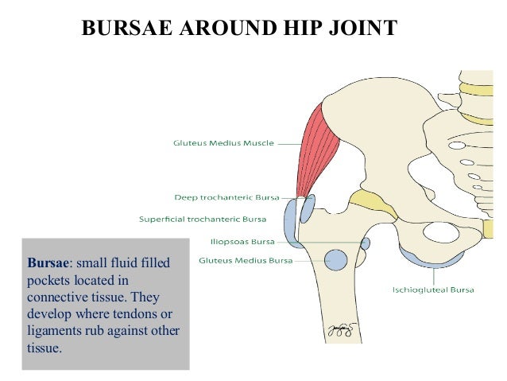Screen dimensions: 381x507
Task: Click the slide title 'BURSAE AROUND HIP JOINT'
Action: point(239,29)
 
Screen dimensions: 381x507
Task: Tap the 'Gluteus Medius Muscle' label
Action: point(223,143)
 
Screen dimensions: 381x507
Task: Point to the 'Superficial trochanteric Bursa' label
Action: point(203,219)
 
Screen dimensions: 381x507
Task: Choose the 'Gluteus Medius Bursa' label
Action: point(245,260)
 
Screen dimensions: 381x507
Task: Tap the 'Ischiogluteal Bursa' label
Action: point(433,290)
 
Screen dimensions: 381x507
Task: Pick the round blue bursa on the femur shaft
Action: point(337,259)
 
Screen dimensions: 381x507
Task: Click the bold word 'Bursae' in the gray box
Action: point(48,262)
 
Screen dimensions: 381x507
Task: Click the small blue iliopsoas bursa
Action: point(366,243)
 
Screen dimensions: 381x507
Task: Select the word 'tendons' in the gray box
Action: point(130,313)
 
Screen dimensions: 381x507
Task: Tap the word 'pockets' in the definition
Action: point(50,279)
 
